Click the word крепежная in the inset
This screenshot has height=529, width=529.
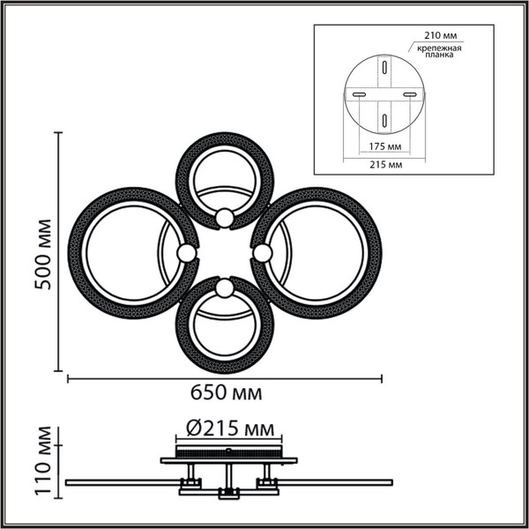click(436, 45)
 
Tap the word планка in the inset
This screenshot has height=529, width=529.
click(436, 54)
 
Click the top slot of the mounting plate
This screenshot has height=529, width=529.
click(384, 67)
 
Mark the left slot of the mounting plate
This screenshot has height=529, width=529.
click(358, 93)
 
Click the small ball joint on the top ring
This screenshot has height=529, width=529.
click(225, 216)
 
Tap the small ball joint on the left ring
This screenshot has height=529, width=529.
click(185, 253)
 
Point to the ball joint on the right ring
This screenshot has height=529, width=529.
click(263, 253)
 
